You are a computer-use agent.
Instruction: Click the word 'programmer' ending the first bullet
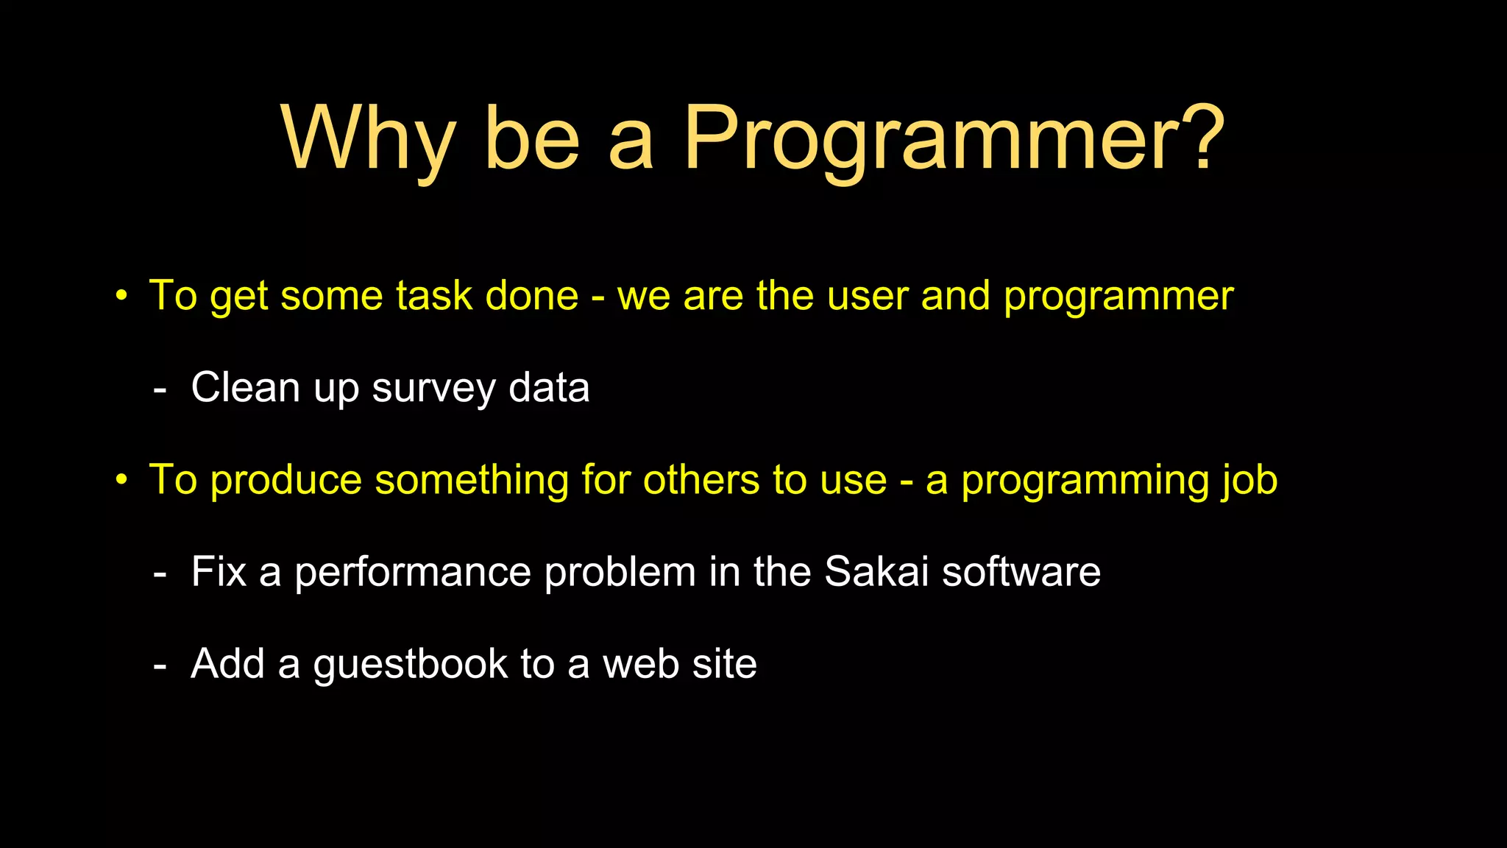[x=1118, y=297]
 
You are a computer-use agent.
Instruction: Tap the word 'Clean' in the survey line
[x=246, y=387]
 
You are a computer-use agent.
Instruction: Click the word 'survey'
[x=433, y=389]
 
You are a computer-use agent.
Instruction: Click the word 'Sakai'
[x=876, y=571]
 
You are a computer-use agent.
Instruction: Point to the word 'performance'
[x=412, y=573]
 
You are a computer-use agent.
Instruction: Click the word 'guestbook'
[x=410, y=665]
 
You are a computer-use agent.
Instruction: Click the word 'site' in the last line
[x=724, y=664]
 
